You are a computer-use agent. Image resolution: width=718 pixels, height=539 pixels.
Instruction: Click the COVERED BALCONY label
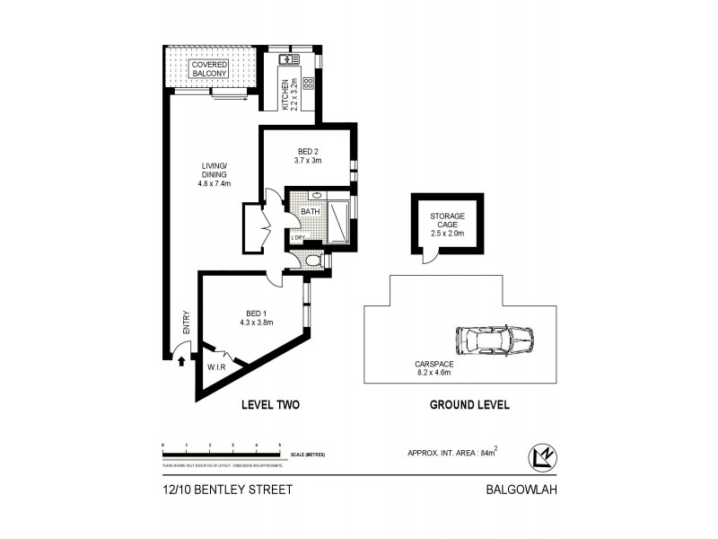click(x=209, y=69)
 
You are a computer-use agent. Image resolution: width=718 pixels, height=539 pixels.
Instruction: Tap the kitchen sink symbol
click(x=288, y=60)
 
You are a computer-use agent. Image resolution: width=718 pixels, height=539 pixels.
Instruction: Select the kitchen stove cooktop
click(x=308, y=83)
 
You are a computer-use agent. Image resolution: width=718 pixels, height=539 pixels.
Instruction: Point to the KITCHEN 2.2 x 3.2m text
click(x=288, y=93)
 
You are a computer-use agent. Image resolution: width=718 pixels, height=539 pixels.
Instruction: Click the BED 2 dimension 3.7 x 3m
click(x=307, y=161)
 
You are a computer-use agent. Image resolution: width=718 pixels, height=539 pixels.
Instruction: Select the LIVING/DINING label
click(x=215, y=174)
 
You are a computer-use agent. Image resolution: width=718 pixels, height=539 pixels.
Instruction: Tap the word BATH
click(x=310, y=212)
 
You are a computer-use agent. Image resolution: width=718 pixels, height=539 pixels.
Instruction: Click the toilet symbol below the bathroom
click(x=311, y=261)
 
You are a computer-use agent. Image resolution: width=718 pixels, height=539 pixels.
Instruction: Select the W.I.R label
click(x=215, y=367)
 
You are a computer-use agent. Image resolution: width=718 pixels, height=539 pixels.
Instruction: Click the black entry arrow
click(x=182, y=361)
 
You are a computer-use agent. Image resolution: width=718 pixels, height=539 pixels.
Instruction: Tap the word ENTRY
click(x=187, y=323)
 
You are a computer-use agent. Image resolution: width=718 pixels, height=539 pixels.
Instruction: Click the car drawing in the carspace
click(x=494, y=341)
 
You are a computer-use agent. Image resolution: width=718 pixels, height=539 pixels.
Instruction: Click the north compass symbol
click(x=542, y=455)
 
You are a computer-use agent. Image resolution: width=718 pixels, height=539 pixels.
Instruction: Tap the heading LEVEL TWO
click(x=270, y=405)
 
